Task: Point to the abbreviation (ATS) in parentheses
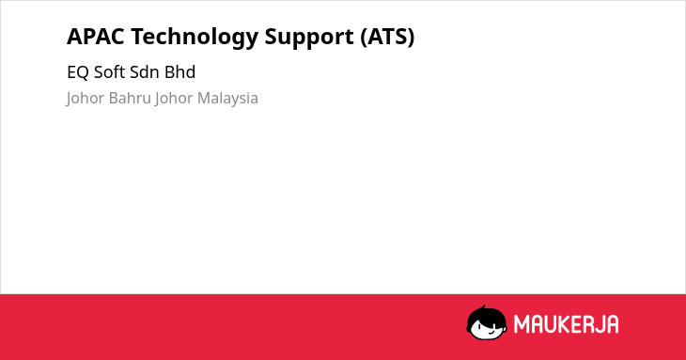pos(387,37)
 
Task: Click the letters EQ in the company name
pos(78,72)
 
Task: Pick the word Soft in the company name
pos(106,71)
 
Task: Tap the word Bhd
pos(179,71)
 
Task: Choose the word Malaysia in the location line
pos(227,99)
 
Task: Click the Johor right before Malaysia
pos(174,99)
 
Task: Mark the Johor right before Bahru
pos(86,99)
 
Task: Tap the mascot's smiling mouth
pos(491,332)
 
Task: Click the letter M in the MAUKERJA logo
pos(522,323)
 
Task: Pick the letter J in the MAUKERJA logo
pos(598,323)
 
